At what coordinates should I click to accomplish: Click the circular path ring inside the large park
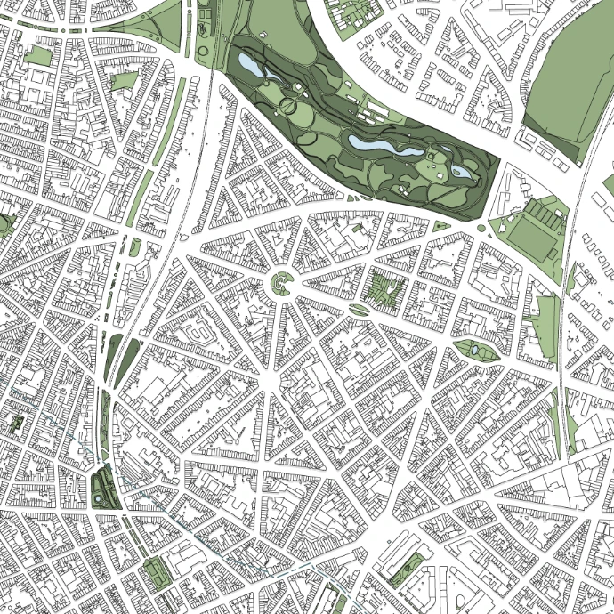point(289,107)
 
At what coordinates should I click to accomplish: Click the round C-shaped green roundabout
point(281,284)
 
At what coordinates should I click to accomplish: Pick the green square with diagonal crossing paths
point(385,287)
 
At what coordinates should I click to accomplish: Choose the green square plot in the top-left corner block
point(37,56)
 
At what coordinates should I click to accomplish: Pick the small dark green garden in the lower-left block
point(15,422)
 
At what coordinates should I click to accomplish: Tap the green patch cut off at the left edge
point(4,223)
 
